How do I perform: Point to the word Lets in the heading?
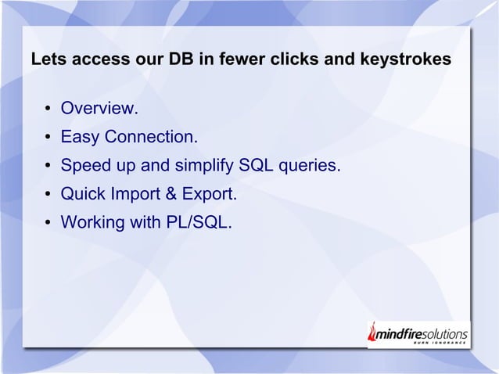tap(44, 59)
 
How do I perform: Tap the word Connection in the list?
tap(151, 138)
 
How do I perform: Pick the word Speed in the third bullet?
tap(84, 166)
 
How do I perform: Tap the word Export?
tap(210, 194)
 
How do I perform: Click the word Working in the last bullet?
tap(92, 222)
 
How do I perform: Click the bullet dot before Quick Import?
tap(48, 194)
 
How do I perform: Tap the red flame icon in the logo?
tap(373, 333)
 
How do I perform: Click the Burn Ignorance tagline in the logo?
tap(440, 343)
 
